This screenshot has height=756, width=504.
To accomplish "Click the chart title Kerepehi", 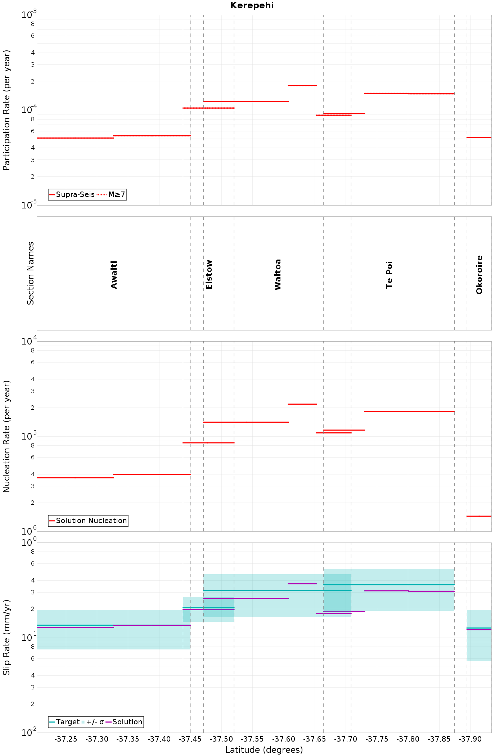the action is [252, 5].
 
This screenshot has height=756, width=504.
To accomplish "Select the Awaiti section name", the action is [114, 275].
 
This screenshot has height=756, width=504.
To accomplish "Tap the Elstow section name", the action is [209, 274].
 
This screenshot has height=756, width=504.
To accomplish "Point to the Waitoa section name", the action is [278, 274].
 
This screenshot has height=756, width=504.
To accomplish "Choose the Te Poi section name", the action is [389, 275].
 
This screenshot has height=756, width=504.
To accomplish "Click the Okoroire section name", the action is [479, 275].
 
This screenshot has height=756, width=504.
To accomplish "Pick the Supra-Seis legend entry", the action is [72, 194].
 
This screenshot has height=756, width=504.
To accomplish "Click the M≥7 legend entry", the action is [111, 194].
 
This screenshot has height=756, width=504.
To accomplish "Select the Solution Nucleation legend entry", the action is [88, 521].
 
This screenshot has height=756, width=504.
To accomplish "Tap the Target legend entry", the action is [64, 722].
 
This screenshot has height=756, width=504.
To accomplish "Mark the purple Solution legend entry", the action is [124, 722].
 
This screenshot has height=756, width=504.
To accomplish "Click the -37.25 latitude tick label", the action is [66, 739].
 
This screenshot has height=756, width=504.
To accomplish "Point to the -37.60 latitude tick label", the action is [284, 739].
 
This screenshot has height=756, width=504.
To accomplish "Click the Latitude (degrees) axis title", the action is [264, 750].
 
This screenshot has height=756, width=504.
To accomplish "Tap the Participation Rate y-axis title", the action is [6, 110].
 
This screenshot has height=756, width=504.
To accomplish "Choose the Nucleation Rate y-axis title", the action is [6, 436].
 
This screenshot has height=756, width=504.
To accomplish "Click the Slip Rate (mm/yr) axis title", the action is [6, 638].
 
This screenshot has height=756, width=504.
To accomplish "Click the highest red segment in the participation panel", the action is [302, 85].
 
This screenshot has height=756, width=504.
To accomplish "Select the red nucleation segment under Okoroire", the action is [479, 516].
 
